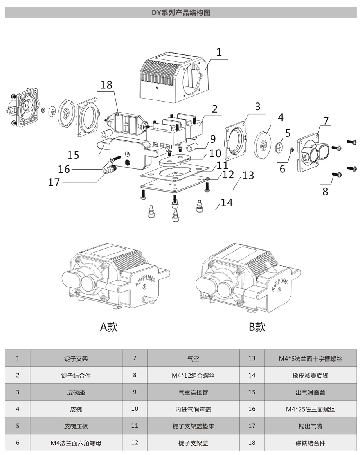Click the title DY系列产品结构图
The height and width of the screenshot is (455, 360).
click(x=181, y=13)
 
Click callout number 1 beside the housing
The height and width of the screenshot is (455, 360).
click(x=219, y=52)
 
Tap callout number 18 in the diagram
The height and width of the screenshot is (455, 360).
click(x=106, y=85)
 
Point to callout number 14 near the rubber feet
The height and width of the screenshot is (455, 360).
click(x=227, y=202)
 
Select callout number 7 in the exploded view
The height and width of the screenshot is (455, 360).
click(x=326, y=120)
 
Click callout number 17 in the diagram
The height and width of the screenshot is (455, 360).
click(x=54, y=182)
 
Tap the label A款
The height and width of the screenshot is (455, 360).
click(x=109, y=326)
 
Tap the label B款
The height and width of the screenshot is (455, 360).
click(x=257, y=326)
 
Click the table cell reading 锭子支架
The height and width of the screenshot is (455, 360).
click(x=76, y=358)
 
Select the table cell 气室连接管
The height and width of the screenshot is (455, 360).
click(x=193, y=392)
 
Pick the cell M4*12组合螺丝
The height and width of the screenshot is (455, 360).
click(x=193, y=375)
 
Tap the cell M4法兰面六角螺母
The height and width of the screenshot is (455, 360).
click(x=76, y=443)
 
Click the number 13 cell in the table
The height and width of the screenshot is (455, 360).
click(x=252, y=358)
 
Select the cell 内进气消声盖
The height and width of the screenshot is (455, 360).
click(x=193, y=409)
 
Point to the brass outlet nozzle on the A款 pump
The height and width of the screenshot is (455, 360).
click(x=148, y=300)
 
